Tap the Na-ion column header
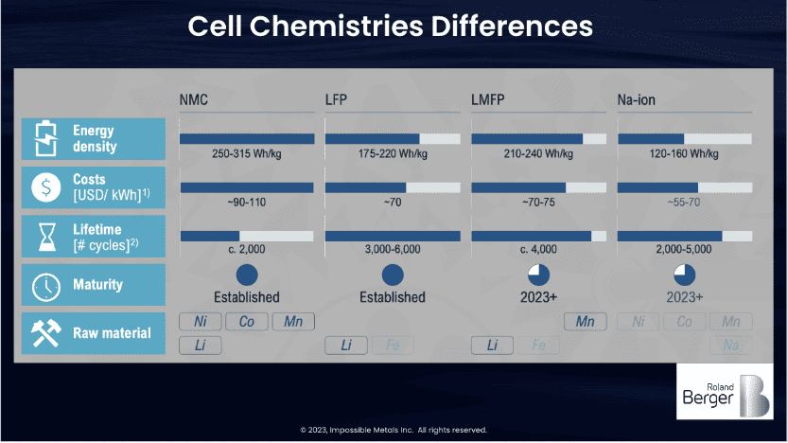tap(639, 99)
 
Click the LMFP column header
tap(493, 99)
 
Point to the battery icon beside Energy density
tap(44, 138)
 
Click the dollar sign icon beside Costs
tap(44, 187)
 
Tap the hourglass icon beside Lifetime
tap(44, 237)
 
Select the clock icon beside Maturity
tap(44, 285)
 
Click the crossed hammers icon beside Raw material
tap(44, 333)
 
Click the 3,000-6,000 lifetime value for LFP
tap(392, 249)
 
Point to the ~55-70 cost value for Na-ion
tap(684, 201)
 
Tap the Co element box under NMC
tap(246, 322)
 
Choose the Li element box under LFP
tap(346, 346)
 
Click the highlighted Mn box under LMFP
tap(585, 322)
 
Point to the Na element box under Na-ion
tap(730, 346)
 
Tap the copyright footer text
tap(394, 430)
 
